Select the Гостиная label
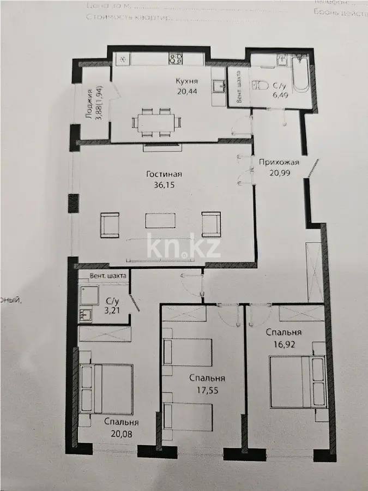coord(164,175)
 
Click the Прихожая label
coord(279,162)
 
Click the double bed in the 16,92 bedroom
coord(298,381)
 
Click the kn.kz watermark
coord(184,247)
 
